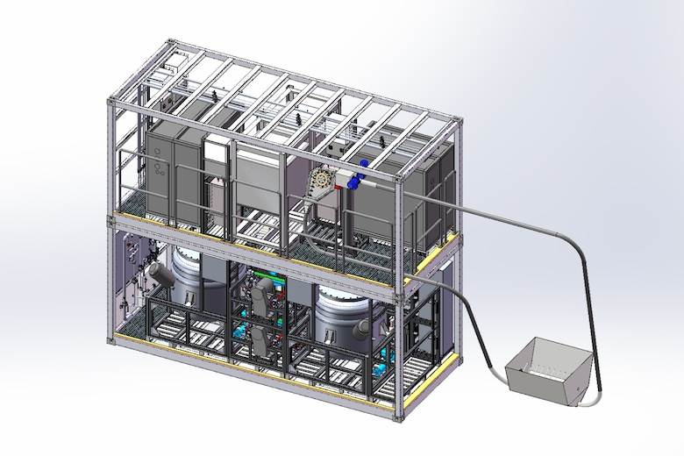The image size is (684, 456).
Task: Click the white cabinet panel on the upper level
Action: tap(216, 166)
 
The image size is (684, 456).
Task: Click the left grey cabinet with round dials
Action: tap(159, 172)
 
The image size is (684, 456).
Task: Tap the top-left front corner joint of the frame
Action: tap(110, 103)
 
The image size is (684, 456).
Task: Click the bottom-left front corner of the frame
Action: tap(111, 337)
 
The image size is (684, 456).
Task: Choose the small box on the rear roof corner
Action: tap(173, 61)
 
